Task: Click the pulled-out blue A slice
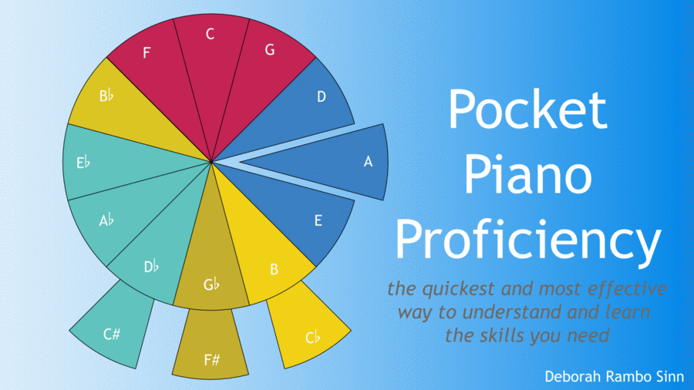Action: pyautogui.click(x=336, y=162)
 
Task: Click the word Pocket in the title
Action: pyautogui.click(x=527, y=109)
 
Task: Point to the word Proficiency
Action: pyautogui.click(x=527, y=239)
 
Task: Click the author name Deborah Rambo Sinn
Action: pyautogui.click(x=615, y=376)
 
